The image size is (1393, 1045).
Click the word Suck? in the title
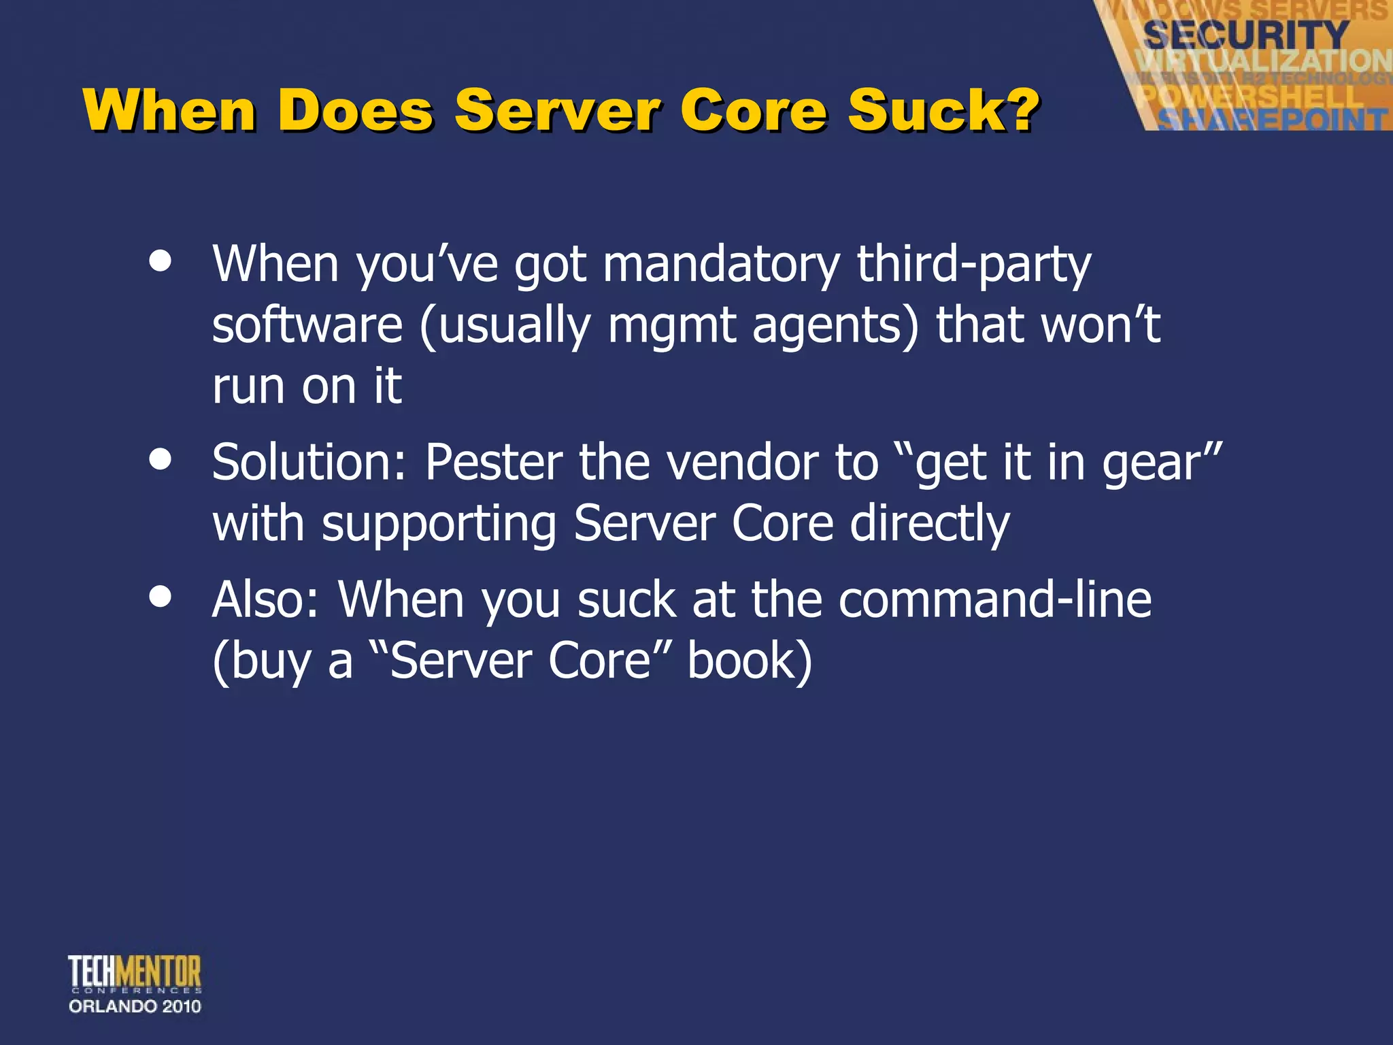click(943, 110)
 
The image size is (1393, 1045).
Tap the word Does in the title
click(355, 110)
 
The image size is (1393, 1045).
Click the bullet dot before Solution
click(161, 459)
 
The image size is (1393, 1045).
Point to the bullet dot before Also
click(161, 597)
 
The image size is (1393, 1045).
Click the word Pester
click(494, 463)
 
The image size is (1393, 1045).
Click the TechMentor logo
click(135, 973)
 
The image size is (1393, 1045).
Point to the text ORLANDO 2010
click(135, 1006)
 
